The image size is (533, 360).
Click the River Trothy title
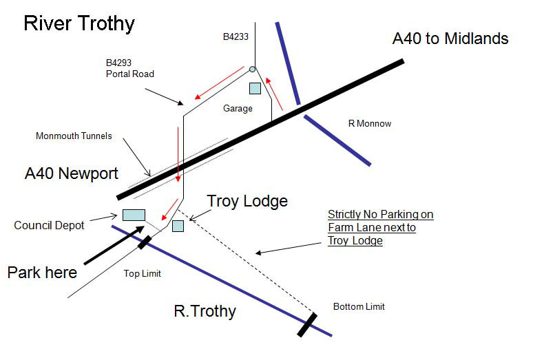click(79, 23)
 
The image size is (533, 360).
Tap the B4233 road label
click(236, 37)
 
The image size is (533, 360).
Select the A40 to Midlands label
click(450, 39)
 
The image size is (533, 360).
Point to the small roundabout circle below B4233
click(253, 69)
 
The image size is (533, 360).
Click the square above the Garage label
click(255, 88)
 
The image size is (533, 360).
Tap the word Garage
click(238, 108)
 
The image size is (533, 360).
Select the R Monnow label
click(370, 124)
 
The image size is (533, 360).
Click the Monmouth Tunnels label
click(73, 136)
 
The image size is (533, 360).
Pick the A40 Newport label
click(72, 173)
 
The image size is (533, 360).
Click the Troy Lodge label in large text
click(247, 201)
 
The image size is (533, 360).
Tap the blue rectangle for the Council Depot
click(134, 215)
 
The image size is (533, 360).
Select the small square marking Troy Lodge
click(178, 226)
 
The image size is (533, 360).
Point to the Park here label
click(43, 272)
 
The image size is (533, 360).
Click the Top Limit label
click(142, 274)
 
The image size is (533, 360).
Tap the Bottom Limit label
click(358, 306)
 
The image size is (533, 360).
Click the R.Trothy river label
click(205, 311)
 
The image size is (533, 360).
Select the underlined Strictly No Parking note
click(380, 228)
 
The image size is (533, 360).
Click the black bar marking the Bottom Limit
click(307, 325)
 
